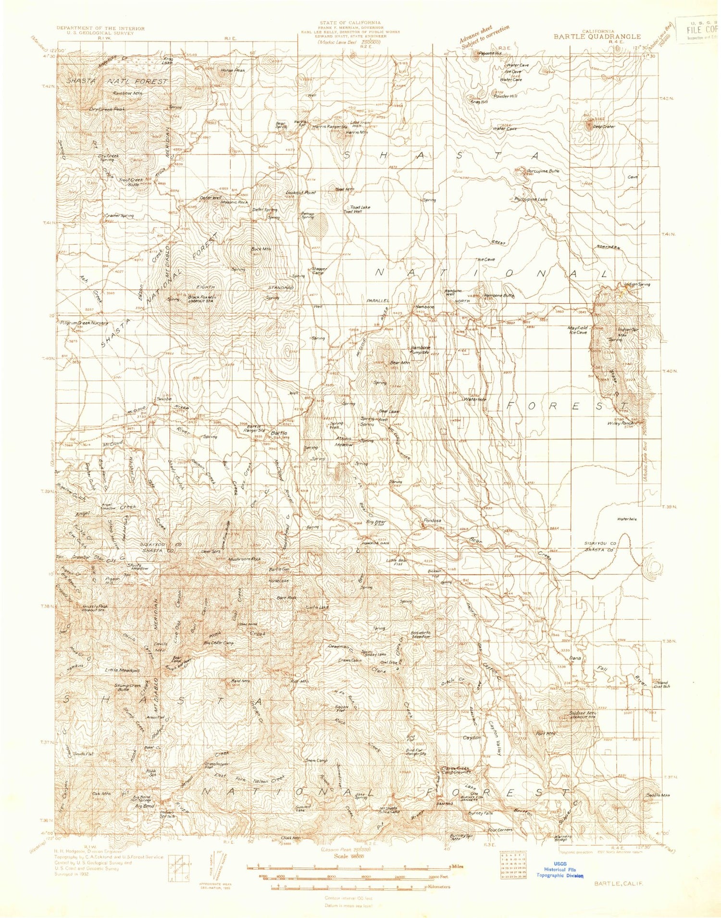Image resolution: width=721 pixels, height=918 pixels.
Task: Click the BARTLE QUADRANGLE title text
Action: coord(597,36)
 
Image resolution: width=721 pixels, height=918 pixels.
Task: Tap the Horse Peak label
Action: coord(233,70)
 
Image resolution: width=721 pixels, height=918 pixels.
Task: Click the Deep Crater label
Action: coord(604,126)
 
